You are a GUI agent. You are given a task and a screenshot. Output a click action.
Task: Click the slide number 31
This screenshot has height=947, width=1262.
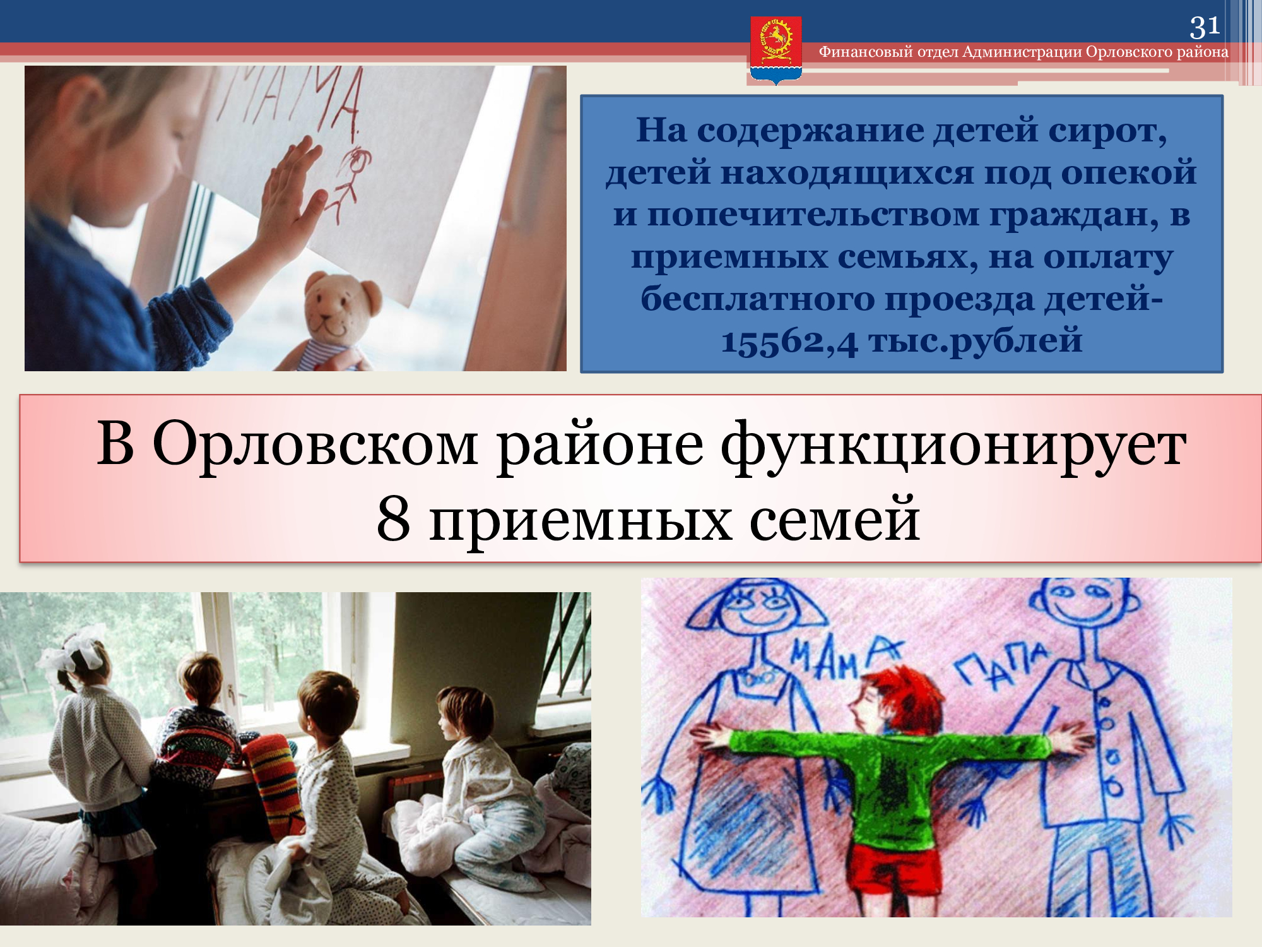(1205, 27)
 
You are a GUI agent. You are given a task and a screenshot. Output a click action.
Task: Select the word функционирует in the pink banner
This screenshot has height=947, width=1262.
(953, 446)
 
